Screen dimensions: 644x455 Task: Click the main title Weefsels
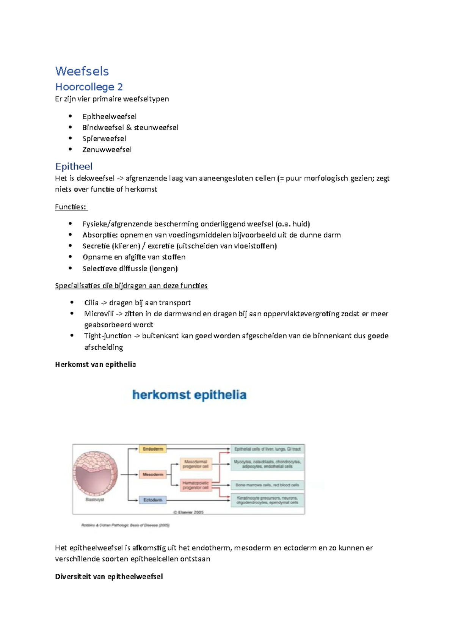(x=82, y=71)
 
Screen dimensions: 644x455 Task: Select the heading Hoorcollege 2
(x=89, y=87)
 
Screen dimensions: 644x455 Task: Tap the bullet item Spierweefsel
(x=104, y=138)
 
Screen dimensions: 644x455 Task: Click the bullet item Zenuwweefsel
(x=107, y=149)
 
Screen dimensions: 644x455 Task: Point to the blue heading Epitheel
(x=74, y=166)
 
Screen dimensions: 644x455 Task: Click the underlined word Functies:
(x=71, y=207)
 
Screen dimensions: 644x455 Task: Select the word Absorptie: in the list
(x=100, y=235)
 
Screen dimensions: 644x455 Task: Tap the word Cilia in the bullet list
(x=91, y=303)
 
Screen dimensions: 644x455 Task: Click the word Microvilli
(x=99, y=314)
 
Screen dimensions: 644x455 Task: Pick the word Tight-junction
(x=108, y=336)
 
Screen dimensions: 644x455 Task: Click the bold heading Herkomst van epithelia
(x=95, y=364)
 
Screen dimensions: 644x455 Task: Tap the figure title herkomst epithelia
(x=189, y=395)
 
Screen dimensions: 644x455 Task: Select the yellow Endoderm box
(x=153, y=449)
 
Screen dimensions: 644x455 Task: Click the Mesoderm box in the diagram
(x=153, y=474)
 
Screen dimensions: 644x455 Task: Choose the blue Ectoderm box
(x=152, y=500)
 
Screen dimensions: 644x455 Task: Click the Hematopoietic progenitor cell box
(x=196, y=485)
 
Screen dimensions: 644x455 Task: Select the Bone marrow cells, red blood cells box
(x=267, y=485)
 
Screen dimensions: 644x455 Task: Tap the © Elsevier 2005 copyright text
(x=188, y=512)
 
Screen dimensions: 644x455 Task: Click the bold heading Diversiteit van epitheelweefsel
(x=109, y=576)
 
